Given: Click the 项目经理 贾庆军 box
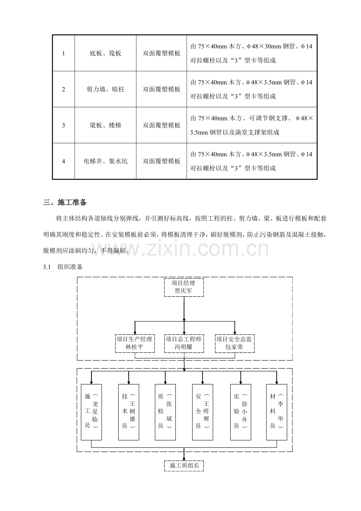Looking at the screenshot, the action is (184, 287).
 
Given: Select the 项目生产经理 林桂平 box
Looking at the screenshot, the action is (135, 343).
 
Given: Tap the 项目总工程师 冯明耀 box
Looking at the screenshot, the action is (184, 343).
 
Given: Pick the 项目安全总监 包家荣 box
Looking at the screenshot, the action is (235, 343).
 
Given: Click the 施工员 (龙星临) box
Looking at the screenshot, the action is (91, 412).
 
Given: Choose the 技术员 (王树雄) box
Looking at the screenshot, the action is (129, 412).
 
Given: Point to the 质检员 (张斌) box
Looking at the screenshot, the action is (165, 412).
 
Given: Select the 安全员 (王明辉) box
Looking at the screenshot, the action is (203, 412).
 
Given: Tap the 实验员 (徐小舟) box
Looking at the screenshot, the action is (241, 412).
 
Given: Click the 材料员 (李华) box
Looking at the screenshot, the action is (277, 412).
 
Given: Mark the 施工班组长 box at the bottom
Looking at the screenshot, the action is (184, 465).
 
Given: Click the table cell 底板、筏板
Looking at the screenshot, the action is (106, 53).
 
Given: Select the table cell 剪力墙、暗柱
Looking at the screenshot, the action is (106, 89).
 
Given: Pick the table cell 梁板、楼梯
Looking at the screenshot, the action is (106, 125).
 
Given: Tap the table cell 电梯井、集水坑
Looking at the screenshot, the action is (106, 161).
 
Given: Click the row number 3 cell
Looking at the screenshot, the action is (64, 125).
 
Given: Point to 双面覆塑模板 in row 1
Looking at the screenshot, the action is (161, 53).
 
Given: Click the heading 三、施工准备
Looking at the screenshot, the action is (65, 203).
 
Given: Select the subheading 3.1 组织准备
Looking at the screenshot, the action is (63, 267).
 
